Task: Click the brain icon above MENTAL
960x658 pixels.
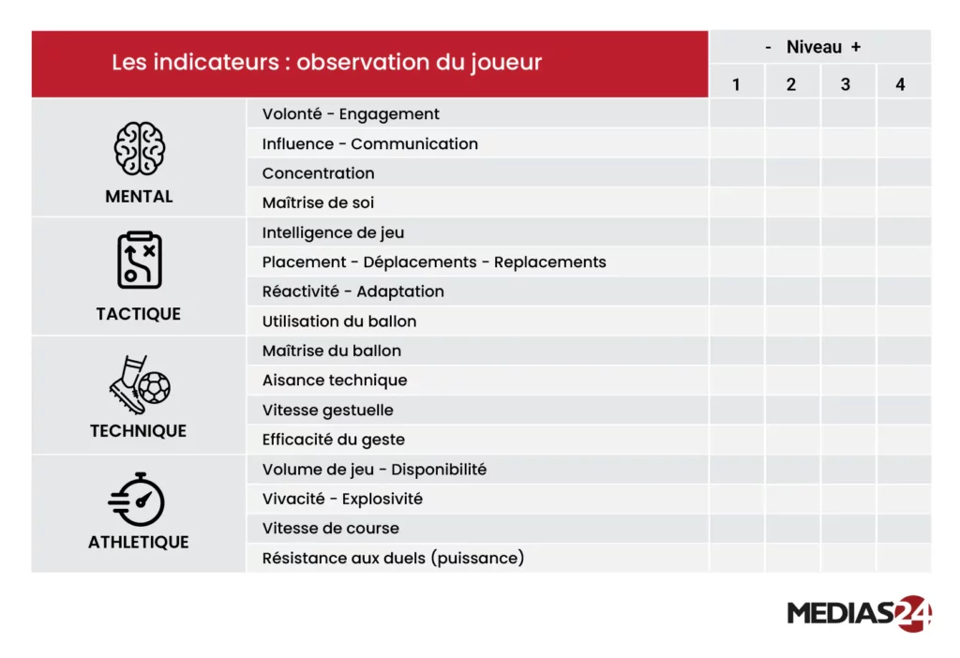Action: [x=139, y=148]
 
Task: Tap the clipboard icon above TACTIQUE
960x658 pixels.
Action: [x=139, y=261]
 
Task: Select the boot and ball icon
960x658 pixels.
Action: [x=140, y=384]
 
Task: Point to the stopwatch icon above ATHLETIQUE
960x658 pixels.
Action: [x=137, y=500]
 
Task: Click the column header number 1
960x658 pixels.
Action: [x=736, y=84]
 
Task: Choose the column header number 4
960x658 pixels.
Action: [x=900, y=84]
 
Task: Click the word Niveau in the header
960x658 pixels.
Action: [x=814, y=47]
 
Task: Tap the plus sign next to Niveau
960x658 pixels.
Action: [x=856, y=47]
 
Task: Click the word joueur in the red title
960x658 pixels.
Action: [x=506, y=63]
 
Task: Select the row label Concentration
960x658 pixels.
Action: [x=319, y=173]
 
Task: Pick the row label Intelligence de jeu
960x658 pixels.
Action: [x=333, y=233]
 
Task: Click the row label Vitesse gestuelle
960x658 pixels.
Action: [x=327, y=411]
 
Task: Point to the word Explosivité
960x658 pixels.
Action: [x=382, y=499]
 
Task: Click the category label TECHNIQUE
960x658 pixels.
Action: [x=139, y=431]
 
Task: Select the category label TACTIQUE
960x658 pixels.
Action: [x=139, y=314]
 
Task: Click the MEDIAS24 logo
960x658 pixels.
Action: [x=859, y=613]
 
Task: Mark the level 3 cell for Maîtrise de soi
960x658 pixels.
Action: [x=847, y=202]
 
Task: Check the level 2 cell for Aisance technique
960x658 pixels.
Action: [x=792, y=381]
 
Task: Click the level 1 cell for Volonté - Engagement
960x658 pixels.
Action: [x=737, y=113]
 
